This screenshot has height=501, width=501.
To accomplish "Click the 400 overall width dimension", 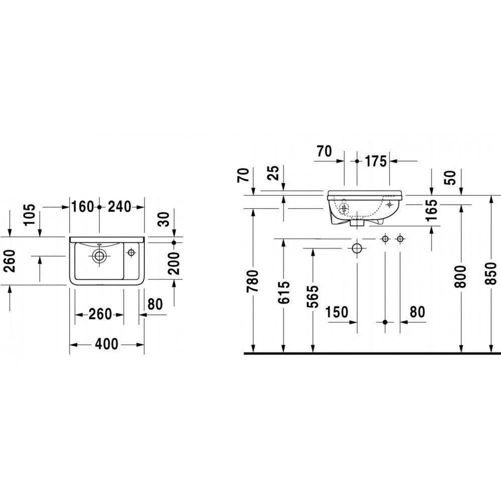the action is pos(107,344).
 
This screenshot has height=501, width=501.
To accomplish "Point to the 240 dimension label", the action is pos(120,207).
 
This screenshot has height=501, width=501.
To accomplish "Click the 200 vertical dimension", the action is pos(174,264).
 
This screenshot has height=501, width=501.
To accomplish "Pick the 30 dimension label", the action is pos(164,219).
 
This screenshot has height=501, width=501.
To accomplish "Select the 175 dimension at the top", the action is pos(376,161).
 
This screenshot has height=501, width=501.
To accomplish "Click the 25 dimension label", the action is pos(274,173).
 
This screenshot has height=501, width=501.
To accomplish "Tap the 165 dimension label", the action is pos(431,210).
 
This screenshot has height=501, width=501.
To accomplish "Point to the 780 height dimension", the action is pos(253,281).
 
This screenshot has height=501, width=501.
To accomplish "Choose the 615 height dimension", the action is pos(284,293).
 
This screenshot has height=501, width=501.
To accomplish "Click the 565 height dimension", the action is pos(313,297).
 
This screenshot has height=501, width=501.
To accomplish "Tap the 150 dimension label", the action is pos(337,312).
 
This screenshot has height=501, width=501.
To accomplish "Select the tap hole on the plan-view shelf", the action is pos(131,253).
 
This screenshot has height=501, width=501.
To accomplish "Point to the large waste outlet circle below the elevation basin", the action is pos(357,248).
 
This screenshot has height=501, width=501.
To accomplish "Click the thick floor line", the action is pos(372,353).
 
